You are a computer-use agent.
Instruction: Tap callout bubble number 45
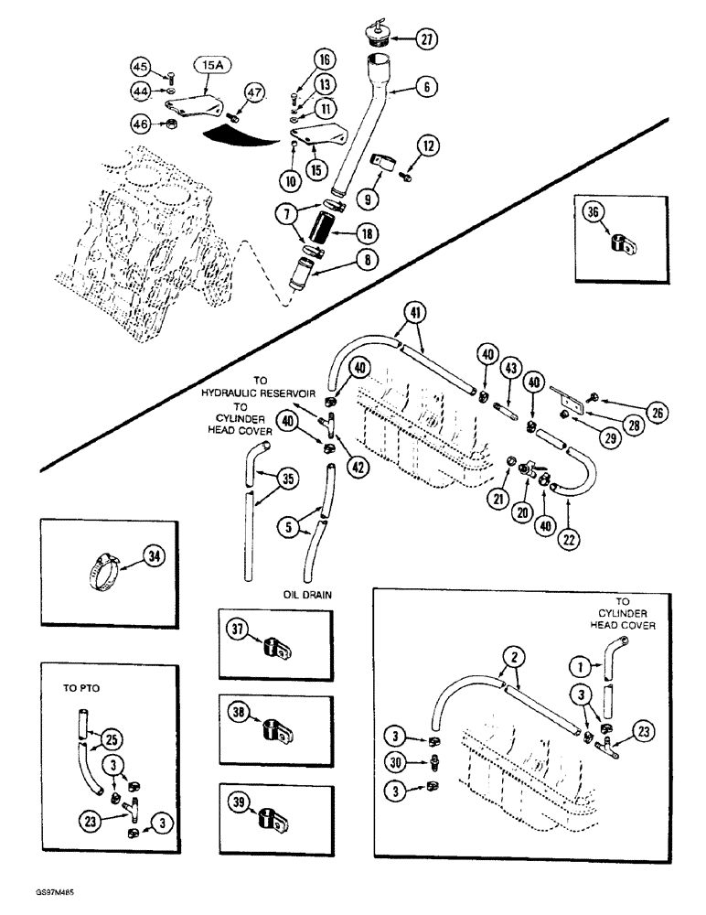[x=140, y=66]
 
